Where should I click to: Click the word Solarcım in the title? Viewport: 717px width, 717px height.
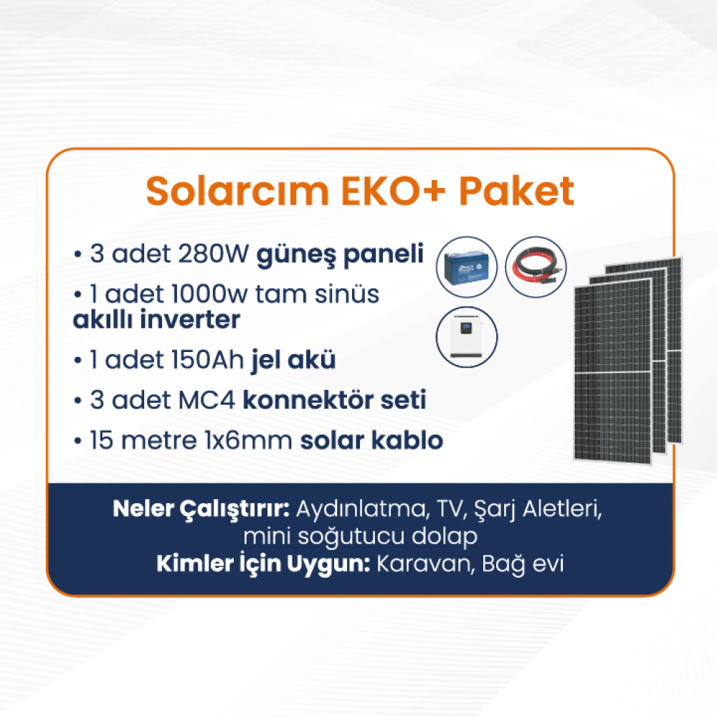[x=237, y=191]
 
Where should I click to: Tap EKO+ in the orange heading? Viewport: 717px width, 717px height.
[x=393, y=191]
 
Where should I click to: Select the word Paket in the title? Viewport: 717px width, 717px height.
[x=516, y=191]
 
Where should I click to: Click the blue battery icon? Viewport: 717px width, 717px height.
[x=467, y=267]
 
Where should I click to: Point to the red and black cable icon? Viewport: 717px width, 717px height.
[x=536, y=267]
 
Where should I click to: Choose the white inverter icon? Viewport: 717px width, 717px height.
[x=467, y=337]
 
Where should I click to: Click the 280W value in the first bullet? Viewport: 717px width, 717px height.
[x=214, y=254]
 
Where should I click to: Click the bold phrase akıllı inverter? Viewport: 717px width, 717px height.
[x=156, y=319]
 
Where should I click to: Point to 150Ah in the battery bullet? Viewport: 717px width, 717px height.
[x=208, y=360]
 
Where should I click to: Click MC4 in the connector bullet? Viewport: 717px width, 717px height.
[x=206, y=400]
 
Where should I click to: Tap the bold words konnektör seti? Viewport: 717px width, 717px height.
[x=334, y=399]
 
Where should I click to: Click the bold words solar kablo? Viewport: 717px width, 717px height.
[x=371, y=440]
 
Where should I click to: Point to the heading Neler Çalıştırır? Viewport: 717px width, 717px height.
[x=201, y=509]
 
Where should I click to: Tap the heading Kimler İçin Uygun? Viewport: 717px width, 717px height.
[x=263, y=564]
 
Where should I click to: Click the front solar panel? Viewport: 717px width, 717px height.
[x=613, y=371]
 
